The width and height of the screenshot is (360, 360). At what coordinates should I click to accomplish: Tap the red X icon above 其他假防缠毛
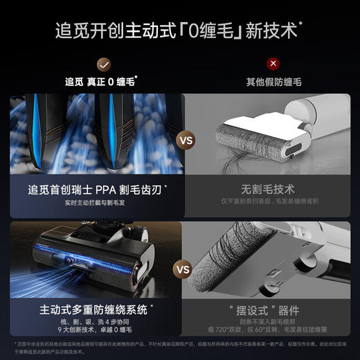tap(274, 64)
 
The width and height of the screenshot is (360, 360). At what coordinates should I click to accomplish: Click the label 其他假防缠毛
tap(274, 82)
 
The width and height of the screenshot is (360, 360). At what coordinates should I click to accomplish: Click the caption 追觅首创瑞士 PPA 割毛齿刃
tap(96, 188)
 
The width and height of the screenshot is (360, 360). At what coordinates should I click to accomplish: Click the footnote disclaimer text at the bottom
tap(180, 346)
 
